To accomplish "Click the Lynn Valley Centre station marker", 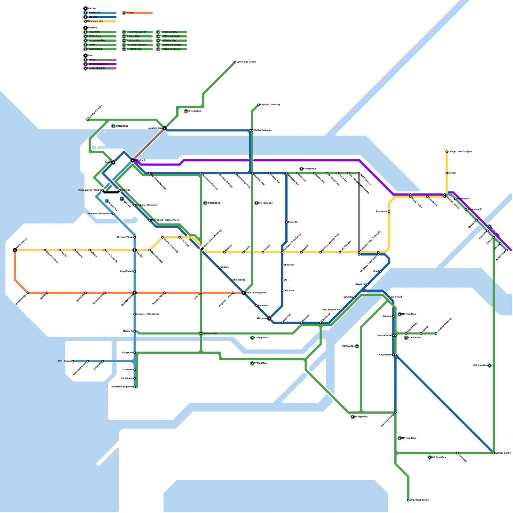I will pyautogui.click(x=235, y=62).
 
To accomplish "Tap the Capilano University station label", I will pyautogui.click(x=270, y=105).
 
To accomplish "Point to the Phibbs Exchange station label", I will pyautogui.click(x=263, y=130).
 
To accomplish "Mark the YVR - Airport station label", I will pyautogui.click(x=64, y=361).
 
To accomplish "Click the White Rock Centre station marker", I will pyautogui.click(x=408, y=500).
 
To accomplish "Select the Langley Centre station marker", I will pyautogui.click(x=494, y=453).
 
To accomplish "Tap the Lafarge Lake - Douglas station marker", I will pyautogui.click(x=447, y=152).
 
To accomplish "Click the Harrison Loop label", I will pyautogui.click(x=210, y=333).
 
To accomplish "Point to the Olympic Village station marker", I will pyautogui.click(x=135, y=237).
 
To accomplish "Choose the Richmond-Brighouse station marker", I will pyautogui.click(x=135, y=387).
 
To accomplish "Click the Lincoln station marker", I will pyautogui.click(x=447, y=173).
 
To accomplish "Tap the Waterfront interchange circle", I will pyautogui.click(x=132, y=160).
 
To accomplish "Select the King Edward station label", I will pyautogui.click(x=126, y=272).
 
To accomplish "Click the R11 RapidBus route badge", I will pyautogui.click(x=400, y=438).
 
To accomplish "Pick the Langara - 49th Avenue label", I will pyautogui.click(x=148, y=314).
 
